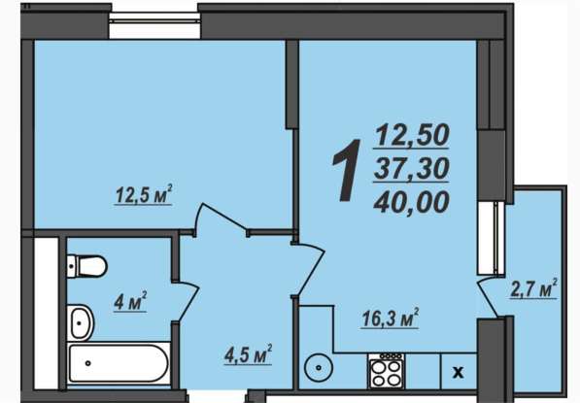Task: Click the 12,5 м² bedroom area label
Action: click(144, 194)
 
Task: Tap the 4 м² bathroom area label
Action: click(130, 301)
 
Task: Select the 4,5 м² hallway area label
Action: click(248, 354)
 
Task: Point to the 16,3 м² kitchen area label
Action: click(390, 318)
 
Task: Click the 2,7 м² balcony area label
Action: click(533, 288)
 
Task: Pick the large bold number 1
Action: click(347, 170)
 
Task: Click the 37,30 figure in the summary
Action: click(411, 167)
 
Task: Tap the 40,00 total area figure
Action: click(411, 202)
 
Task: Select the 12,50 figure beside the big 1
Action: click(412, 135)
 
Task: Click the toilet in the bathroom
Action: click(87, 266)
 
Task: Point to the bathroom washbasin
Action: click(81, 322)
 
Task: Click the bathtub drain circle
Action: click(88, 363)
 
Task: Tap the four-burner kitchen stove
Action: click(386, 371)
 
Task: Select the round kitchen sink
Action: click(319, 367)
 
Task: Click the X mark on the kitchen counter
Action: click(458, 372)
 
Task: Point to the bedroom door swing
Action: click(221, 216)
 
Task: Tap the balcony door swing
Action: click(487, 297)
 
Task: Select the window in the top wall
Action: click(155, 25)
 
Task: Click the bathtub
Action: click(119, 363)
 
